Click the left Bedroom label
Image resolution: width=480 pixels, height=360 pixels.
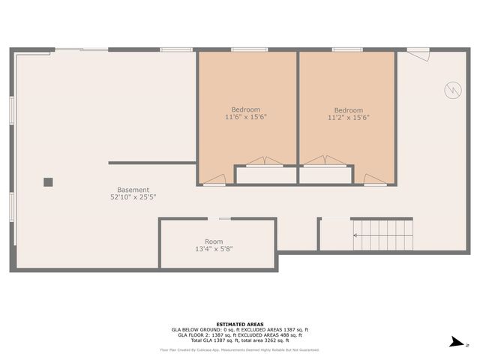click(x=246, y=109)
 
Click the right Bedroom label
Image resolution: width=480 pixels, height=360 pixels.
click(x=348, y=110)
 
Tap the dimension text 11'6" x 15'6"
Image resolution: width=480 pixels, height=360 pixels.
click(x=246, y=117)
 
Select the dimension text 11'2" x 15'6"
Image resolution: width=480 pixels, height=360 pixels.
click(x=348, y=118)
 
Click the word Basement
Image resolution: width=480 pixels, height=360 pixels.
click(x=133, y=190)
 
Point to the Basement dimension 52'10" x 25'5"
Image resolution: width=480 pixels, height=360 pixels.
click(x=133, y=197)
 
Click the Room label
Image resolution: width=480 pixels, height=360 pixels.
click(x=214, y=241)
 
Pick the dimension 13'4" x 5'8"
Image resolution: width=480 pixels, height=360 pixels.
click(x=214, y=249)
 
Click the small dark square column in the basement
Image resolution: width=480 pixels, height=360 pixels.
click(x=48, y=181)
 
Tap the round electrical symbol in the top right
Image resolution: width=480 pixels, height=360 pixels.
click(x=452, y=90)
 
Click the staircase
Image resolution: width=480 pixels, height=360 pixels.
click(x=382, y=234)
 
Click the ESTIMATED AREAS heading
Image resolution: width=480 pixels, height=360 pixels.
click(x=240, y=324)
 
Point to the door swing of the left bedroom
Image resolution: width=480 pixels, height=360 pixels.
click(x=215, y=178)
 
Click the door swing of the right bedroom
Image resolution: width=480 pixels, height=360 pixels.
click(x=373, y=178)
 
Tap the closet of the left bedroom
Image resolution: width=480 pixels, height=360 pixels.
click(x=266, y=175)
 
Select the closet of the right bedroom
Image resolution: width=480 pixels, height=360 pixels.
click(x=325, y=175)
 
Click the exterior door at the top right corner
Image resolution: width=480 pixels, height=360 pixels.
click(x=418, y=53)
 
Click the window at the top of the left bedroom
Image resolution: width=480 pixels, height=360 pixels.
click(x=249, y=50)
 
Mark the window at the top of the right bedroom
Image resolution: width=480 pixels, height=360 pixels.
click(x=348, y=50)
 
